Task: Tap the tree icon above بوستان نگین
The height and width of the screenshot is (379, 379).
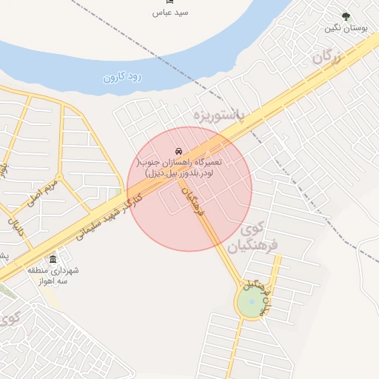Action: (x=346, y=16)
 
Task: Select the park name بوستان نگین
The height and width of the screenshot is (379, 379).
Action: (x=346, y=28)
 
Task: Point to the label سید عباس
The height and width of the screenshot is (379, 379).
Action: (x=171, y=13)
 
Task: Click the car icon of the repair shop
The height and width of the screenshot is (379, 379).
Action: (x=180, y=151)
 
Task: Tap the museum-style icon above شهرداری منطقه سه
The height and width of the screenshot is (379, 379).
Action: (x=53, y=260)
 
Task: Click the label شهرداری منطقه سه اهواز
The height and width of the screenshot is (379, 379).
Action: (x=53, y=275)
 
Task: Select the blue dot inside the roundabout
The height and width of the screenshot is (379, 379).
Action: (x=252, y=301)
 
